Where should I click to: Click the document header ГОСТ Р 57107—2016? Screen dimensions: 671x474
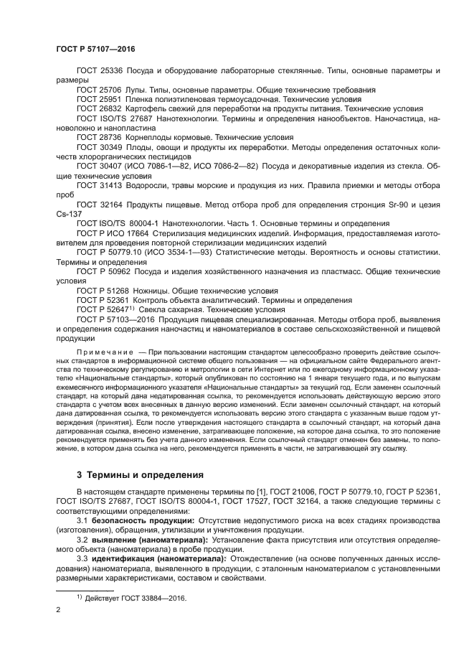coord(95,49)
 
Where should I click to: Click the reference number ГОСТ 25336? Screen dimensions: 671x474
coord(100,72)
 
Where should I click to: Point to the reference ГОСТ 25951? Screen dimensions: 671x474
coord(100,100)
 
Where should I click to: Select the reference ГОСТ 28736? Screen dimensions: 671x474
coord(100,137)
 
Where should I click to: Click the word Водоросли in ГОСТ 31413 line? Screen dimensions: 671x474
coord(154,184)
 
